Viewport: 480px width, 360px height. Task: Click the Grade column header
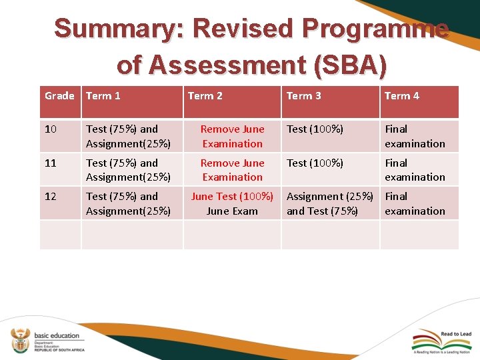pyautogui.click(x=59, y=96)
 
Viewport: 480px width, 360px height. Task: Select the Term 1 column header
pyautogui.click(x=103, y=96)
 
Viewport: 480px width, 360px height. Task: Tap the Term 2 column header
pyautogui.click(x=205, y=96)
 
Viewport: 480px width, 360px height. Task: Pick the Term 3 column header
pyautogui.click(x=303, y=96)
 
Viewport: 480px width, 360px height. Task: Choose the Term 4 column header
pyautogui.click(x=401, y=96)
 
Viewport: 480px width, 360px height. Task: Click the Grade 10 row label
pyautogui.click(x=51, y=129)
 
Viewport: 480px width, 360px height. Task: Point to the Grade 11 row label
pyautogui.click(x=51, y=163)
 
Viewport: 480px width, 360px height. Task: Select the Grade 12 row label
pyautogui.click(x=51, y=197)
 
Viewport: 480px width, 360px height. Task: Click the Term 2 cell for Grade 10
pyautogui.click(x=232, y=136)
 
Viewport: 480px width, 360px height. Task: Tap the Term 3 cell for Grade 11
pyautogui.click(x=315, y=163)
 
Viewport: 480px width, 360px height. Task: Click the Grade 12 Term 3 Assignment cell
pyautogui.click(x=329, y=203)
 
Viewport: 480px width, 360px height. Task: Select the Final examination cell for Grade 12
pyautogui.click(x=415, y=203)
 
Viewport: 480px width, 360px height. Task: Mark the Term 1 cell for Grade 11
pyautogui.click(x=128, y=170)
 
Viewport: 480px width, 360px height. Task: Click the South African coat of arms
pyautogui.click(x=20, y=339)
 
